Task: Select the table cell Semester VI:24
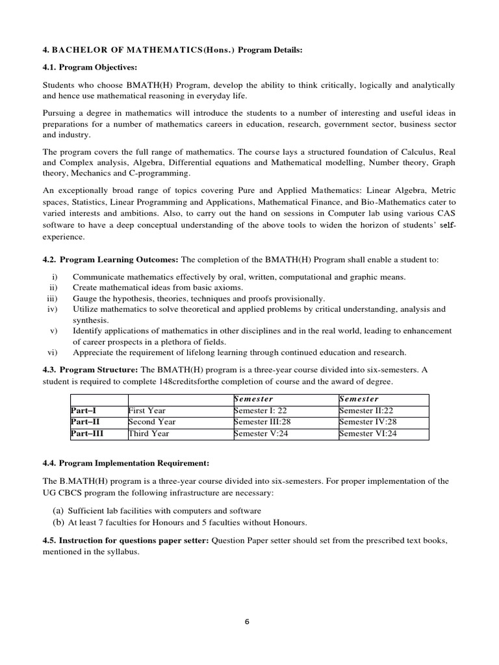(367, 433)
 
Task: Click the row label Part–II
(84, 421)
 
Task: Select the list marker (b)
(57, 522)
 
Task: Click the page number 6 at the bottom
(247, 621)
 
